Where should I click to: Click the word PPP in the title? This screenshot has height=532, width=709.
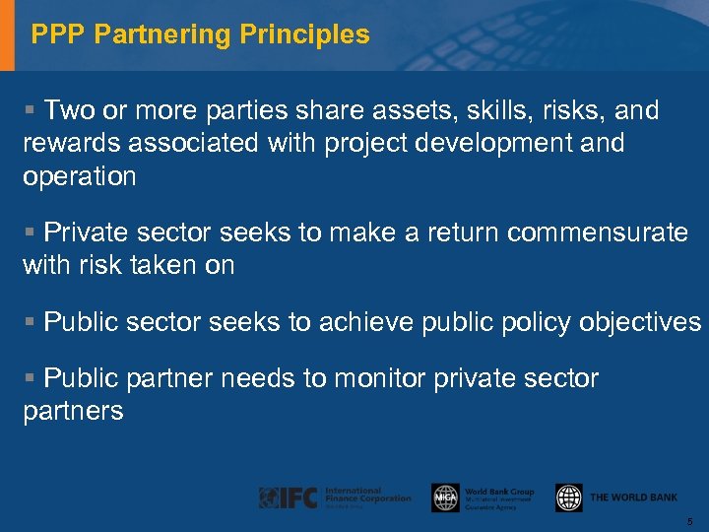click(53, 35)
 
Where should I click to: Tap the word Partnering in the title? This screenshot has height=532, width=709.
click(159, 35)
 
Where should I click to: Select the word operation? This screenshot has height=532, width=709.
click(80, 177)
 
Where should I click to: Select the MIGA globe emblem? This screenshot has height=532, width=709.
click(445, 499)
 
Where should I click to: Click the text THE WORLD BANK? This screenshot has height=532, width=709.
click(633, 499)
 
